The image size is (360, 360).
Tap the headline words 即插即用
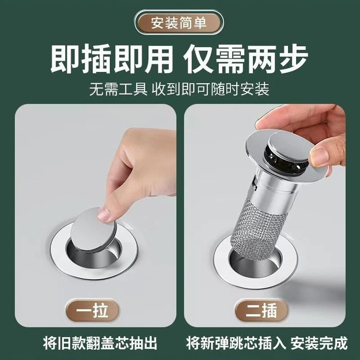111,60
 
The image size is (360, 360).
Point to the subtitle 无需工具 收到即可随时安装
180,90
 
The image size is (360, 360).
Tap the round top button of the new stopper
288,144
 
